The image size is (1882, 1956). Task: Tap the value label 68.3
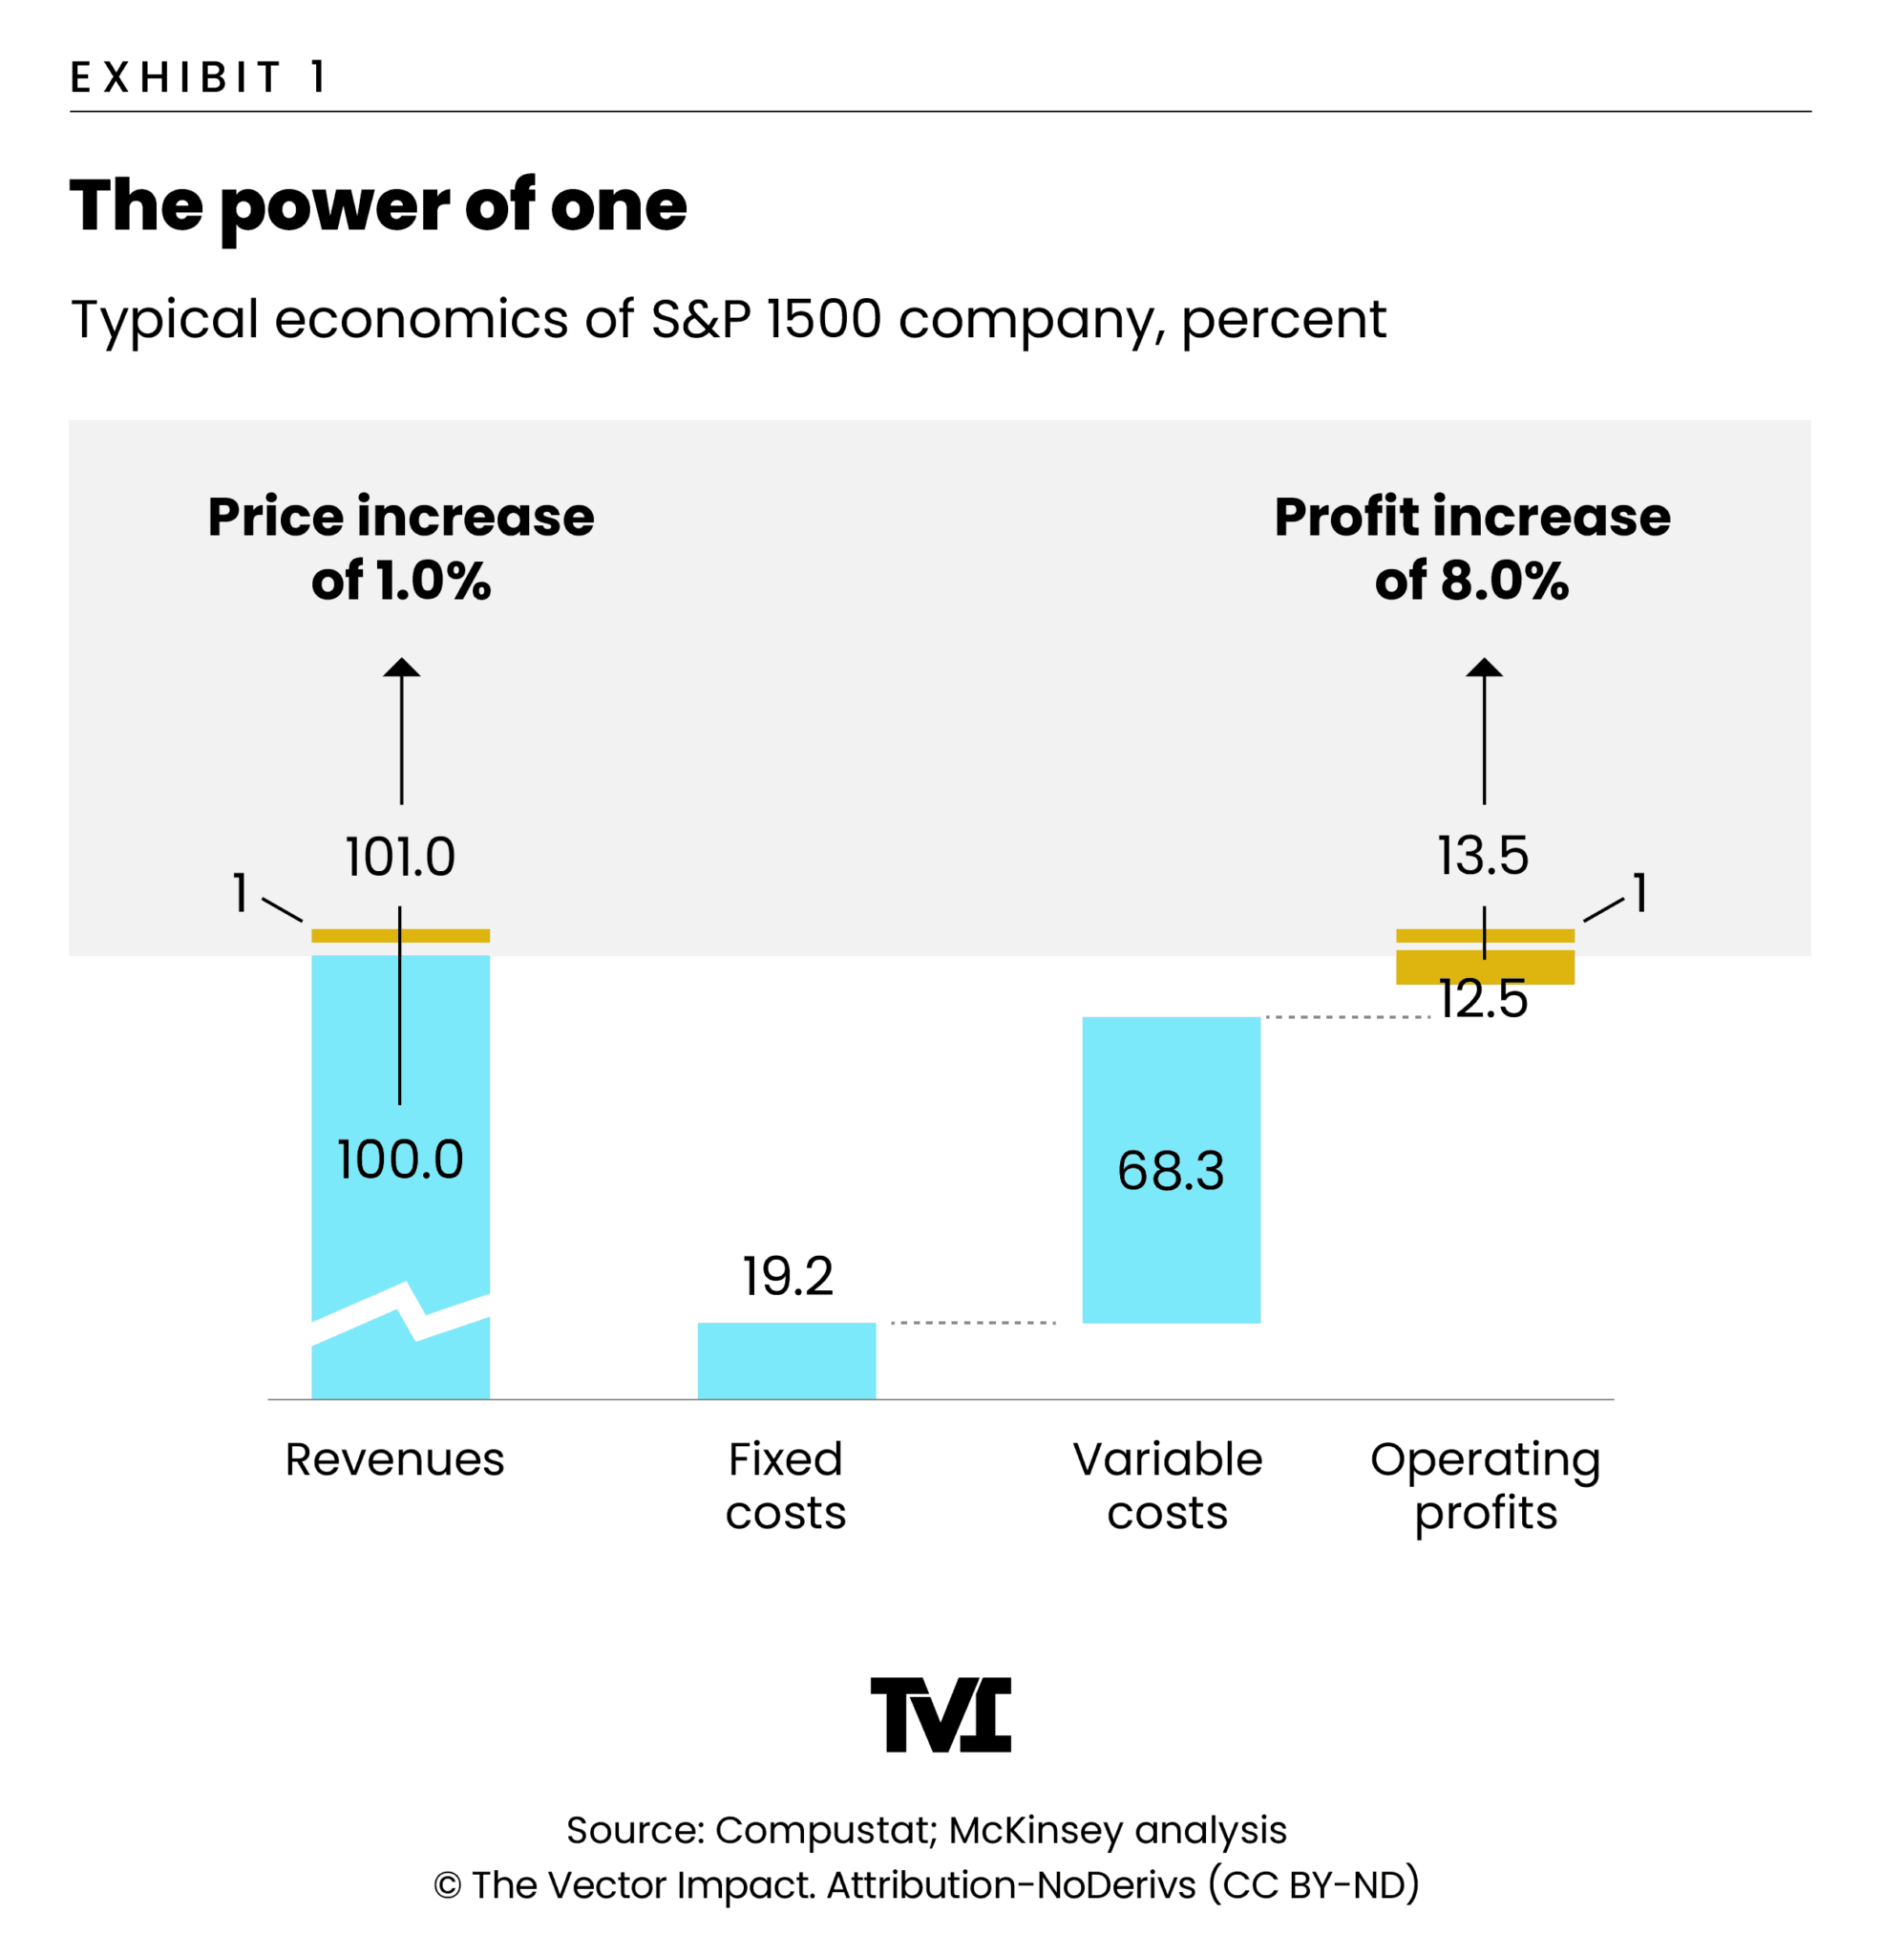click(x=1171, y=1171)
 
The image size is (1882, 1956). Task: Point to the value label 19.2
click(x=788, y=1276)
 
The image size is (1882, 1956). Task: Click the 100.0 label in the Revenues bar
click(x=400, y=1159)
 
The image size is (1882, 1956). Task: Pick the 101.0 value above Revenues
click(x=400, y=858)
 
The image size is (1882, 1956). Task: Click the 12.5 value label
click(x=1483, y=999)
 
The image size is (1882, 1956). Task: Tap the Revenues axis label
click(x=395, y=1460)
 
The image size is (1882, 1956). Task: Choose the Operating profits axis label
click(x=1485, y=1486)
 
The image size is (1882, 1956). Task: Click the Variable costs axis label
click(x=1168, y=1486)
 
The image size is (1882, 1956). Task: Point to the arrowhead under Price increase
click(x=402, y=668)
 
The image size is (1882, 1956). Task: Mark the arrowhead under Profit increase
click(x=1484, y=668)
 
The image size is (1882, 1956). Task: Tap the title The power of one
click(x=378, y=205)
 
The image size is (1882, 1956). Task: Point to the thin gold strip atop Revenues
click(x=400, y=935)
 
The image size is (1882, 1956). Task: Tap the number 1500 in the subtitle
click(x=824, y=319)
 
